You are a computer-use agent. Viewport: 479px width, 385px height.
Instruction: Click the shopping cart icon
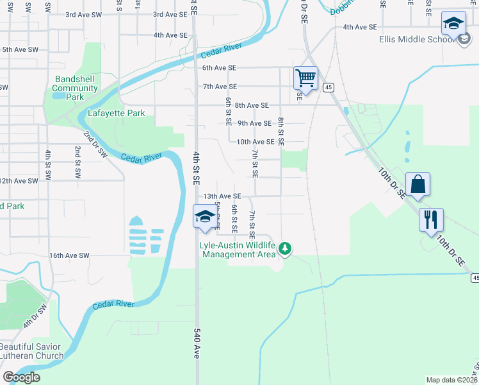click(306, 79)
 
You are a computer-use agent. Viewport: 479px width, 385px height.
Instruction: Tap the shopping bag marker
click(418, 184)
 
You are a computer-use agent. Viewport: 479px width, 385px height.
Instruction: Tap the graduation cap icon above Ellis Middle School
click(453, 24)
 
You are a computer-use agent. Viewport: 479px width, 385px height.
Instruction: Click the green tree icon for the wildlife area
click(285, 248)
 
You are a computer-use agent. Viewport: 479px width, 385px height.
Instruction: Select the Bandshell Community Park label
click(75, 88)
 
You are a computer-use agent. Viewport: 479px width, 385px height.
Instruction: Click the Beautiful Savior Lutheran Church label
click(32, 351)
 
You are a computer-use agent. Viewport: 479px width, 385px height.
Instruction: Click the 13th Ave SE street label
click(222, 196)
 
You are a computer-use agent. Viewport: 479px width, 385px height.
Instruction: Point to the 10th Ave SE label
click(256, 142)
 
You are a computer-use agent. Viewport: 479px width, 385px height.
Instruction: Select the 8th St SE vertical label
click(281, 131)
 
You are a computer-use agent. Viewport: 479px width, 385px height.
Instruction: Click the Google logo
click(21, 377)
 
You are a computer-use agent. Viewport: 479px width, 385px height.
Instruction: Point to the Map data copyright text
click(452, 380)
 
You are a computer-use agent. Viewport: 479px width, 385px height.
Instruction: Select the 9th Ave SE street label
click(255, 123)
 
